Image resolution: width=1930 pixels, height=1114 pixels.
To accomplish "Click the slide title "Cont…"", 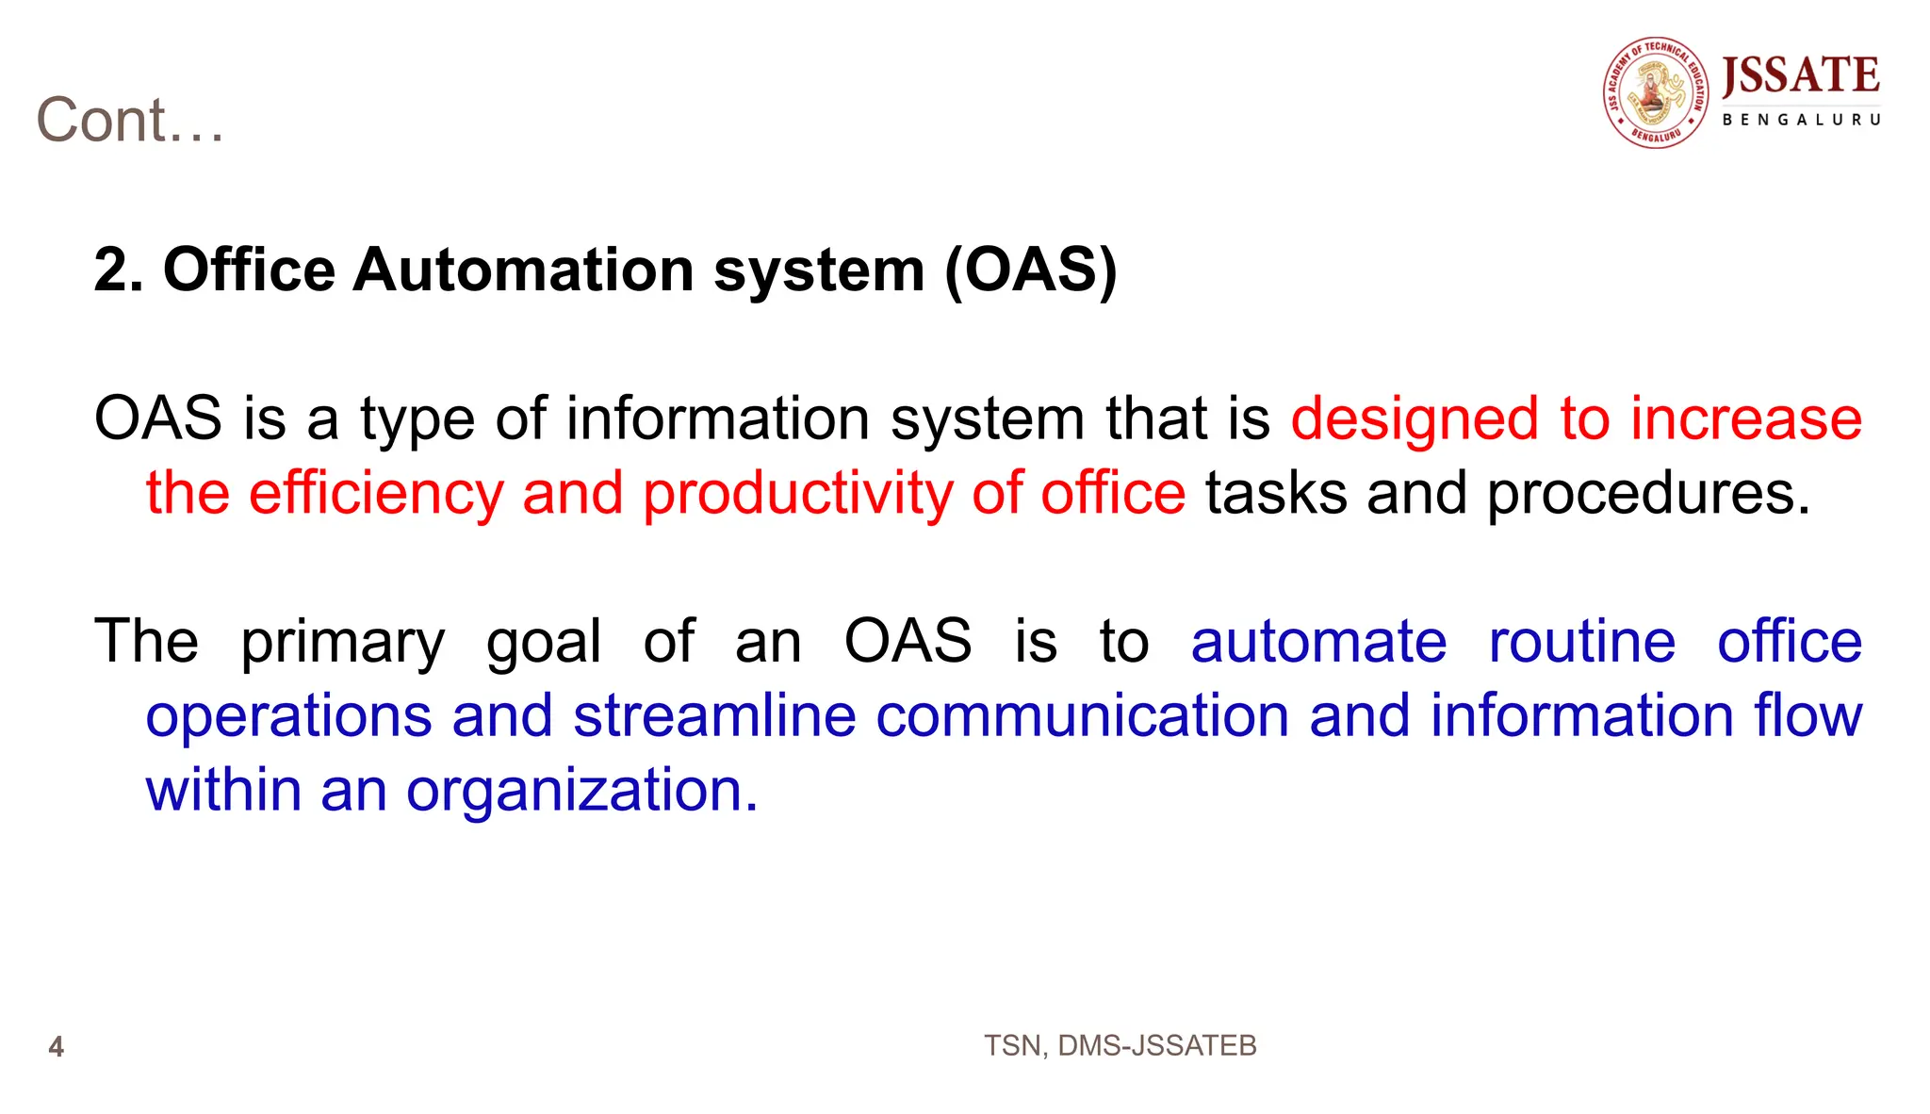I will coord(130,121).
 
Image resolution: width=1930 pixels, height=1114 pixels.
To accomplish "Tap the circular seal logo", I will coord(1656,92).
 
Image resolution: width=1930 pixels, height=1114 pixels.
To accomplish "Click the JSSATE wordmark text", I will coord(1800,76).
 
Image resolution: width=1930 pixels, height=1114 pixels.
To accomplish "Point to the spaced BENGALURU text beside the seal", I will coord(1801,120).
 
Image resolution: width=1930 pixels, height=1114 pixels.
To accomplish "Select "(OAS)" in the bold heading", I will coord(1031,270).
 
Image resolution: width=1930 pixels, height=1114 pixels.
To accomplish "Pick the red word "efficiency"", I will coord(376,493).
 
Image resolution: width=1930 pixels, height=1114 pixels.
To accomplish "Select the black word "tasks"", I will coord(1276,493).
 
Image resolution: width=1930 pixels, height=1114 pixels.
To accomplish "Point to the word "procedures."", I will coord(1648,495).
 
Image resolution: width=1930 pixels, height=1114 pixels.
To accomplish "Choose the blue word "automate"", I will coord(1318,642).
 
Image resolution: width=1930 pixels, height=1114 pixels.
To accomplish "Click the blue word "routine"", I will coord(1581,642).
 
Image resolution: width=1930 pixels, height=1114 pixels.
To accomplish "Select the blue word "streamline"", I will coord(714,715).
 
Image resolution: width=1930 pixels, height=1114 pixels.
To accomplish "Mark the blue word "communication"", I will coord(1082,715).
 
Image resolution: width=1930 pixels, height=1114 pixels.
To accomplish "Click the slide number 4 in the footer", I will coord(57,1047).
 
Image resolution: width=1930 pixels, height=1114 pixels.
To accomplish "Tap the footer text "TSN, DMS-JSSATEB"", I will coord(1120,1046).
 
